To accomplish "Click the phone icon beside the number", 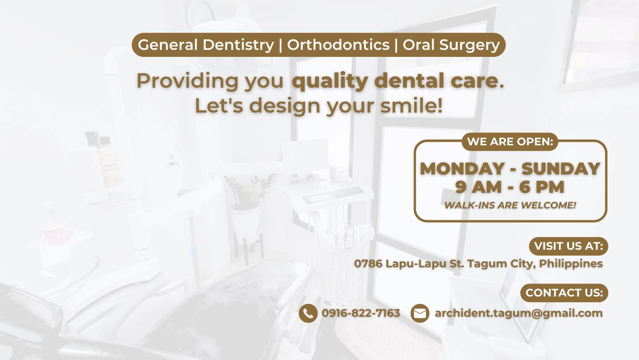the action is (x=308, y=313).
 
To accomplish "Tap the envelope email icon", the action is (x=420, y=313).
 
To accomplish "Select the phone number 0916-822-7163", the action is (x=361, y=313).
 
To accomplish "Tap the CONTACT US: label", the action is (x=564, y=293).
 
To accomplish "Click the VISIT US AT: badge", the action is (x=568, y=246).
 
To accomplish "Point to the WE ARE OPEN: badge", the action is (x=510, y=141).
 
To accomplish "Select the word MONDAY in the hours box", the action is (x=462, y=169).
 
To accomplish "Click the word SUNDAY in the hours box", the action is (x=561, y=169).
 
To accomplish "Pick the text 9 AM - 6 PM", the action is (x=510, y=187).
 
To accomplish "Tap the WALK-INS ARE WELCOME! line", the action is (x=510, y=205).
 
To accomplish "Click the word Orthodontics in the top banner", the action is (x=338, y=45).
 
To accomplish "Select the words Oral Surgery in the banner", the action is (x=451, y=45).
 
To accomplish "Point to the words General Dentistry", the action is (x=206, y=45).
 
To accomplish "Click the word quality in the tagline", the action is (x=330, y=81).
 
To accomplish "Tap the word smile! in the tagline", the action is (x=411, y=106).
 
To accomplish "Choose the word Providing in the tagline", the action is (x=187, y=81).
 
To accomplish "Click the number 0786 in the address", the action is (x=368, y=264).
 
